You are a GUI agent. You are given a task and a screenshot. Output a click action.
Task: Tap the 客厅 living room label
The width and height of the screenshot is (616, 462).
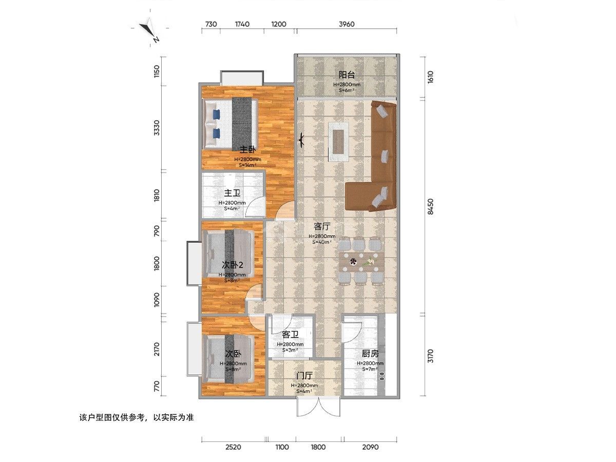(322, 226)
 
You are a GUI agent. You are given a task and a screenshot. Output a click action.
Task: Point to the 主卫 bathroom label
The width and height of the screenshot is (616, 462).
(232, 194)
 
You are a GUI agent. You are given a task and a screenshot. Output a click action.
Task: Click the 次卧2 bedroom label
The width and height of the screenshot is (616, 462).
(232, 265)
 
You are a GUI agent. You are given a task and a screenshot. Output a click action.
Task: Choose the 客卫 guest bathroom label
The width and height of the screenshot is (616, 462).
(290, 335)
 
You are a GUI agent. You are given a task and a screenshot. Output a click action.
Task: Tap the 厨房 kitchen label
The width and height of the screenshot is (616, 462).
(370, 354)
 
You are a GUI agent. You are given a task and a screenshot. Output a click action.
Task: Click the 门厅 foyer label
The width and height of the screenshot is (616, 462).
(304, 377)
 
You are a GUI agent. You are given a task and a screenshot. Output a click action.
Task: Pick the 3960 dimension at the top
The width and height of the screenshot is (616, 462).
(347, 24)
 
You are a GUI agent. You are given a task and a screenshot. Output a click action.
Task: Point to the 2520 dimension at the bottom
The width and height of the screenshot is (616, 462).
(233, 447)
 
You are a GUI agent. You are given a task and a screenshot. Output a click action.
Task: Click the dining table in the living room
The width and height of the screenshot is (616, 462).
(361, 262)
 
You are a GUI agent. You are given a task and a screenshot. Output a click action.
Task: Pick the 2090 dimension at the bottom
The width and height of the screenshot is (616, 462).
(370, 447)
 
